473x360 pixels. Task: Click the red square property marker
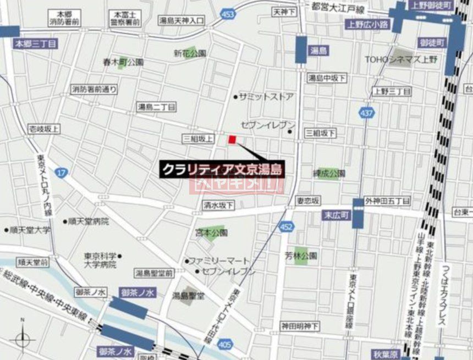(232, 140)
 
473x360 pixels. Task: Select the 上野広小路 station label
(367, 24)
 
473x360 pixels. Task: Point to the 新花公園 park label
(190, 53)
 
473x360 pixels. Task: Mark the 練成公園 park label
(330, 174)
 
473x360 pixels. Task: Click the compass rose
(22, 339)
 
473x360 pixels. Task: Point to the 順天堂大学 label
(30, 230)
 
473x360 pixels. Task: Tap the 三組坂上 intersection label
(198, 139)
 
